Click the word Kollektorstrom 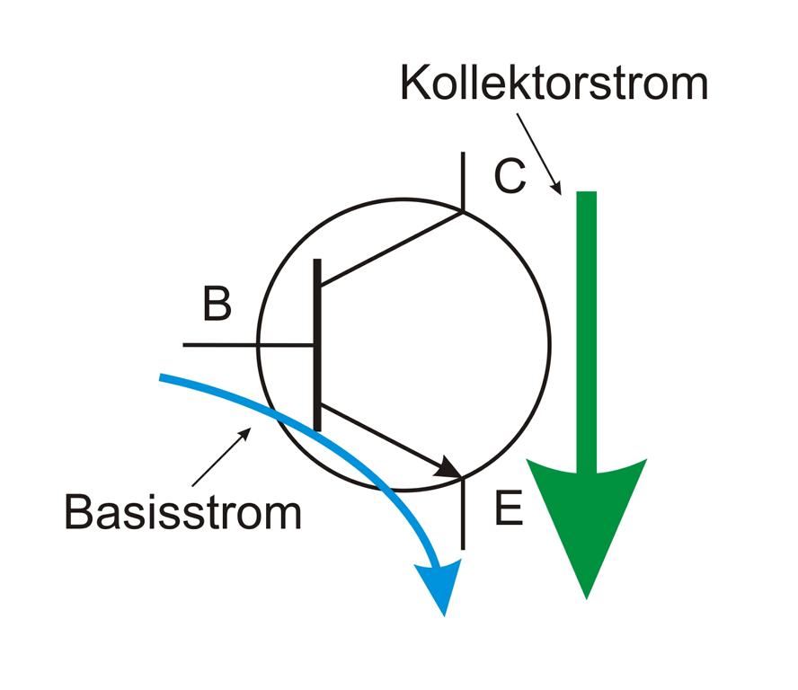click(554, 83)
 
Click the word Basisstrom click(182, 512)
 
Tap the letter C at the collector click(510, 177)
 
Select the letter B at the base click(216, 305)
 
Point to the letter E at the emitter click(508, 510)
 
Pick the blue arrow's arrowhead click(440, 584)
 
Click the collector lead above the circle click(463, 180)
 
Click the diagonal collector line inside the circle click(391, 248)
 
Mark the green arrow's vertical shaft click(586, 323)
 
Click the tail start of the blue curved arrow click(164, 378)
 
